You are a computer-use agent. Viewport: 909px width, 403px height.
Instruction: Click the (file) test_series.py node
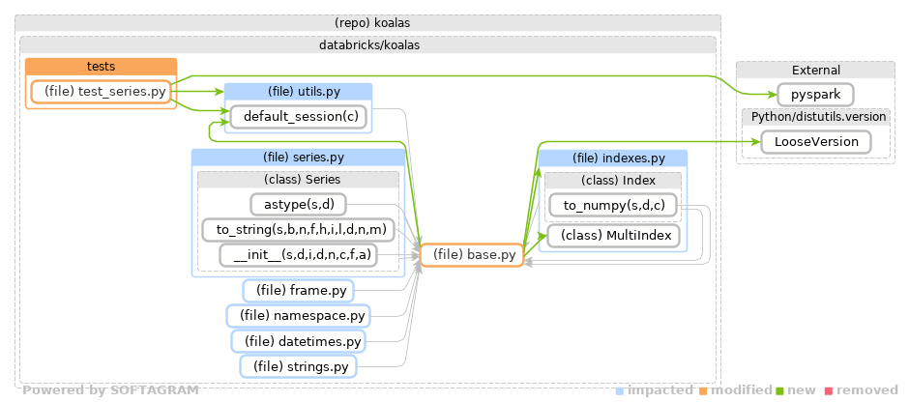click(x=101, y=92)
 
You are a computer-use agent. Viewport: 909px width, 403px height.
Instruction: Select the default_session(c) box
click(x=300, y=117)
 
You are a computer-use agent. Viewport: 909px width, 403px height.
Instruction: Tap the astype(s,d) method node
click(x=299, y=204)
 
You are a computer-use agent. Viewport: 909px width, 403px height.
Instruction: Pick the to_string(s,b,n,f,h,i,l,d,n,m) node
click(x=298, y=230)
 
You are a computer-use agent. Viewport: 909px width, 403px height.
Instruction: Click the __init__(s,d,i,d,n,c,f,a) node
click(x=299, y=255)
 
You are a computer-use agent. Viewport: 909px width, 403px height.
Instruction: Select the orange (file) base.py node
click(x=471, y=255)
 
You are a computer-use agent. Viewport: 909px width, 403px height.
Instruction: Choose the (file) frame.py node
click(x=299, y=290)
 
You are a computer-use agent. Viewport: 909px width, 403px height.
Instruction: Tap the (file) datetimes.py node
click(x=299, y=341)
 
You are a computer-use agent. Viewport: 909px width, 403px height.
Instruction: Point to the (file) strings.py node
click(x=299, y=366)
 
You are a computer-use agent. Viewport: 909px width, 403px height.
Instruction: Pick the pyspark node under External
click(x=814, y=95)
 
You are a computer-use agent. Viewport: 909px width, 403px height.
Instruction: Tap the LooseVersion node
click(x=815, y=141)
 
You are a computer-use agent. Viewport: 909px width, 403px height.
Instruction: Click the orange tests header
click(x=101, y=67)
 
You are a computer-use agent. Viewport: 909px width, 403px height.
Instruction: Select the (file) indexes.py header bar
click(x=612, y=158)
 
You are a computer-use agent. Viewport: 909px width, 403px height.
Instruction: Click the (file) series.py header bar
click(x=298, y=157)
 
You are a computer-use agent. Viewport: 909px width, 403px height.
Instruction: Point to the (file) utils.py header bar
click(x=298, y=91)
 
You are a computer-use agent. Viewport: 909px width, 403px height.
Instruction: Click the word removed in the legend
click(x=868, y=390)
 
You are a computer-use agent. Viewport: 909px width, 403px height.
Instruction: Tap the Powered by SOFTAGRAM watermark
click(x=110, y=390)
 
